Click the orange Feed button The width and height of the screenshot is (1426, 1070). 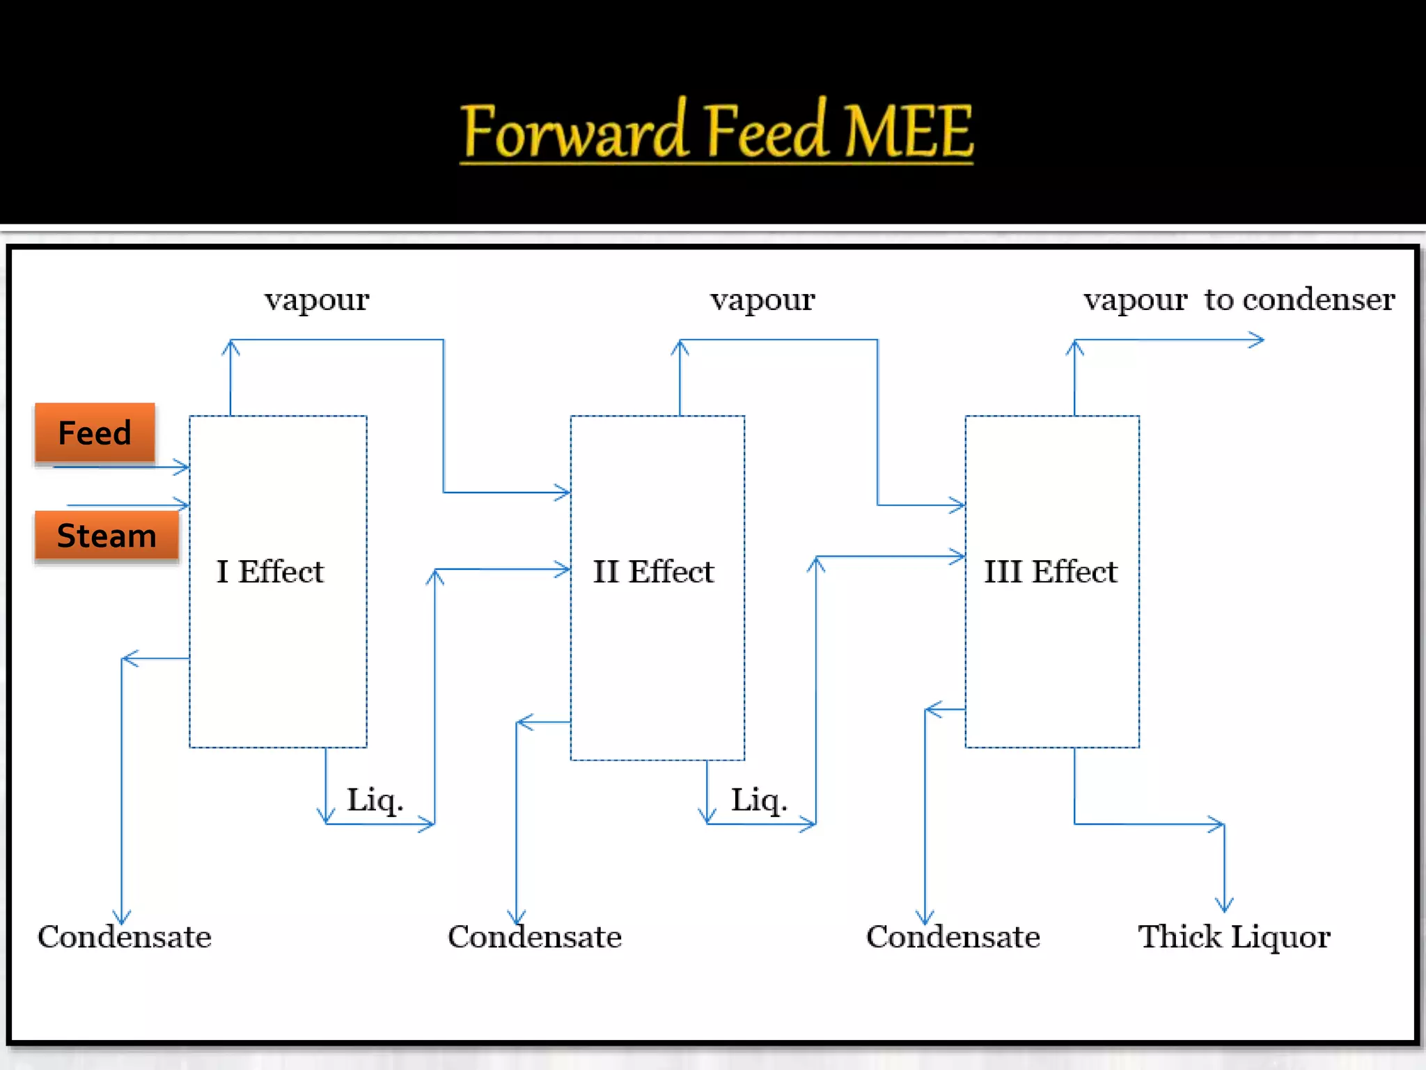95,433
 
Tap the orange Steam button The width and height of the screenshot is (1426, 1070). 107,536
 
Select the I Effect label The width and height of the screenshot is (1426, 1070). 270,572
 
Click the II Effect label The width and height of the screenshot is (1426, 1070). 653,572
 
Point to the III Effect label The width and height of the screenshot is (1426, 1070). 1050,572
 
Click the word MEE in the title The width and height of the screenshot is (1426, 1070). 909,131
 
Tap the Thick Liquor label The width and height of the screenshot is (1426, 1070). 1234,937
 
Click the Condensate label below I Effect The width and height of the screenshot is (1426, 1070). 124,937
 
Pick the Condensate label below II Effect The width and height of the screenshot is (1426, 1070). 534,937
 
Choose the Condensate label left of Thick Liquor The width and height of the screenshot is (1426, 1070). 953,937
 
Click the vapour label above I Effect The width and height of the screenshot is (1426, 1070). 317,300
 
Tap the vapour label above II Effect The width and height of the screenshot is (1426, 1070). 762,300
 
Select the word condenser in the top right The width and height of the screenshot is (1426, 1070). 1318,300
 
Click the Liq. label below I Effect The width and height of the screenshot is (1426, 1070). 375,800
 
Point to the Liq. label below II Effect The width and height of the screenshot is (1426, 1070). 759,800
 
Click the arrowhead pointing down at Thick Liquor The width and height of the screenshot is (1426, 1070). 1224,906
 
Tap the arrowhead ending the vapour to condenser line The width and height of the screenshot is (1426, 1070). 1257,340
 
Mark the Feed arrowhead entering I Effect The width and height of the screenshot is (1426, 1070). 182,467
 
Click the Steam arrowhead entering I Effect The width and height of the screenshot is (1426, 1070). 182,504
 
